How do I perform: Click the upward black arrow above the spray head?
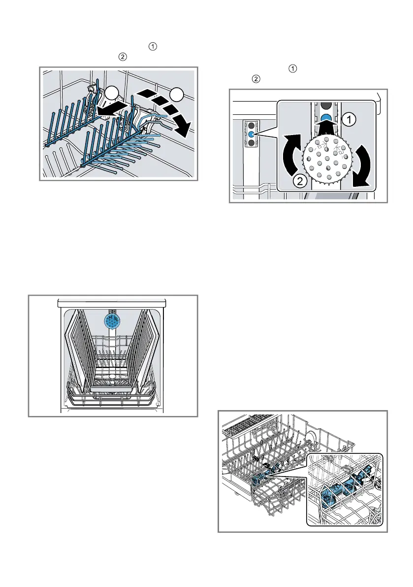point(326,129)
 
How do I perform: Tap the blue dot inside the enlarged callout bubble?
point(326,117)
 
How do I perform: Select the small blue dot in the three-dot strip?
point(251,134)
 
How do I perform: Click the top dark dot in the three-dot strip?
point(251,125)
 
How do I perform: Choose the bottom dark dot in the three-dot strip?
point(251,143)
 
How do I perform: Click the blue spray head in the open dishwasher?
point(112,321)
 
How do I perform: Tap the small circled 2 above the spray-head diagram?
point(255,79)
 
